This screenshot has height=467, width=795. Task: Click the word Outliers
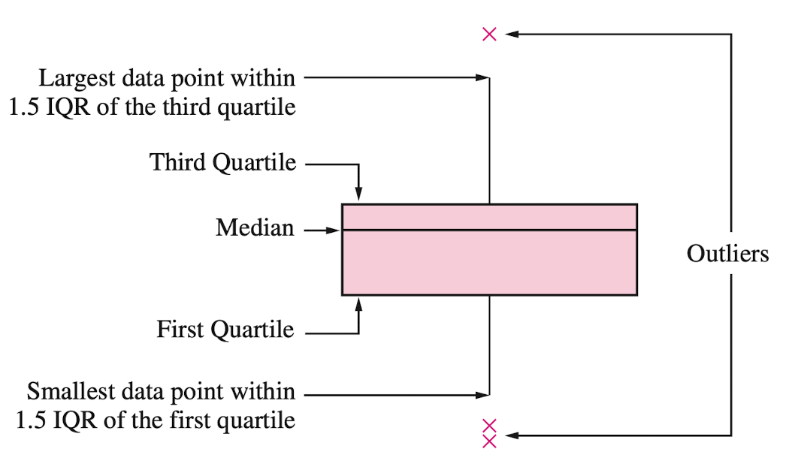(x=727, y=254)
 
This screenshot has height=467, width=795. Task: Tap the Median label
(x=255, y=227)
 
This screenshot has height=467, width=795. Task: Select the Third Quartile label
(x=222, y=162)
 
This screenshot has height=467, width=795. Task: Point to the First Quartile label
(x=225, y=329)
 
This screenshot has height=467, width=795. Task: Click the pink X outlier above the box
(x=489, y=34)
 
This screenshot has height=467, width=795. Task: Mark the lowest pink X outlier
(x=489, y=441)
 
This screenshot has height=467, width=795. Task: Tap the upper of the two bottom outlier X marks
(x=489, y=426)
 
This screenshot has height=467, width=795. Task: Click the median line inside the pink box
(x=489, y=230)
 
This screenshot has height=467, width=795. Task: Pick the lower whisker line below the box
(x=489, y=345)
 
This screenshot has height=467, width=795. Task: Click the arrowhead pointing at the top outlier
(x=510, y=34)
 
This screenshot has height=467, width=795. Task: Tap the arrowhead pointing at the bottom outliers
(x=510, y=435)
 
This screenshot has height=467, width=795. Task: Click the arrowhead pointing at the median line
(x=335, y=230)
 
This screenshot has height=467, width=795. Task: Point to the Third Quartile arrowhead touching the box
(x=359, y=196)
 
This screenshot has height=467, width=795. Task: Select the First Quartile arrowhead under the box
(x=359, y=303)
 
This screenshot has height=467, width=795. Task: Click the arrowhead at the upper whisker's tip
(x=483, y=77)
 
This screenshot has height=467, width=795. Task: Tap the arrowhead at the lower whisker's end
(x=483, y=393)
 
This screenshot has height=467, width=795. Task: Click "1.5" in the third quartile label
(x=23, y=107)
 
